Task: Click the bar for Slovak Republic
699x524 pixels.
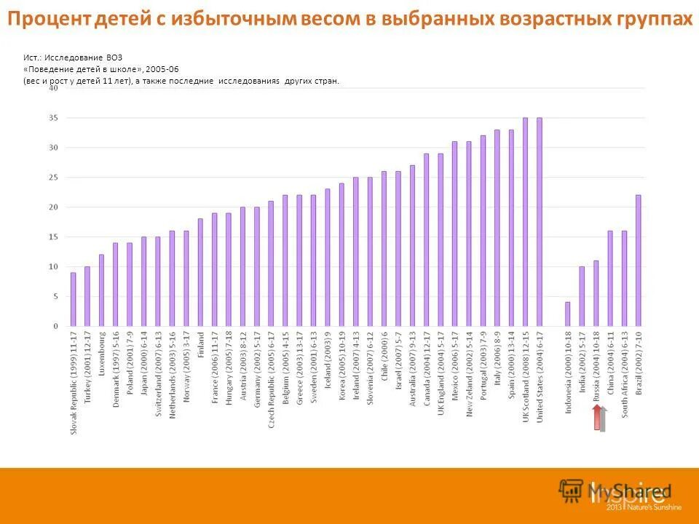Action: click(x=73, y=299)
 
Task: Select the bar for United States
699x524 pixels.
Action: click(x=540, y=222)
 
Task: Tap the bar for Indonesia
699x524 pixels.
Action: click(x=568, y=314)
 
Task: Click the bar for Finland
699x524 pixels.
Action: click(x=200, y=272)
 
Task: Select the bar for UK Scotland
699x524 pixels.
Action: click(x=525, y=222)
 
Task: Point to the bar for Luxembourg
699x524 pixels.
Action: click(x=101, y=290)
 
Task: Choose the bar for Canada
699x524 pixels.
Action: click(x=426, y=239)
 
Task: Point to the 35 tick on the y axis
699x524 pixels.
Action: click(x=53, y=118)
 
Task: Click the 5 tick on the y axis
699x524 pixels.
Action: click(x=55, y=297)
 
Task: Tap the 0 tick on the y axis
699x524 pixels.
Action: click(x=55, y=327)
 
